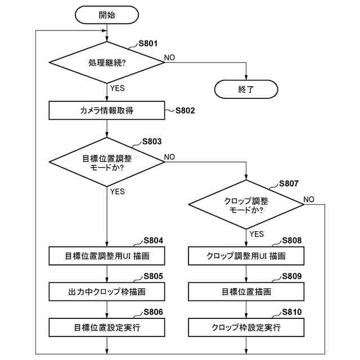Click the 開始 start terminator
[107, 16]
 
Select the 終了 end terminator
[246, 89]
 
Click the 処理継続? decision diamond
[107, 62]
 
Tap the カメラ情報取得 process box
[107, 110]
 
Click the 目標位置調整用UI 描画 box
[107, 256]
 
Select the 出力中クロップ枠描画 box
[107, 291]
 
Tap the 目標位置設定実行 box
[107, 327]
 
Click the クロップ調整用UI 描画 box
[246, 256]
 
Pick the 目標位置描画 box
[246, 291]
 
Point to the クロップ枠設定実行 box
[246, 327]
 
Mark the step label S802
[185, 110]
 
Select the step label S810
[291, 312]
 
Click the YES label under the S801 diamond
[118, 88]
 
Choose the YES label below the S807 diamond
[256, 234]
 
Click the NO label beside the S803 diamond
[169, 156]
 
